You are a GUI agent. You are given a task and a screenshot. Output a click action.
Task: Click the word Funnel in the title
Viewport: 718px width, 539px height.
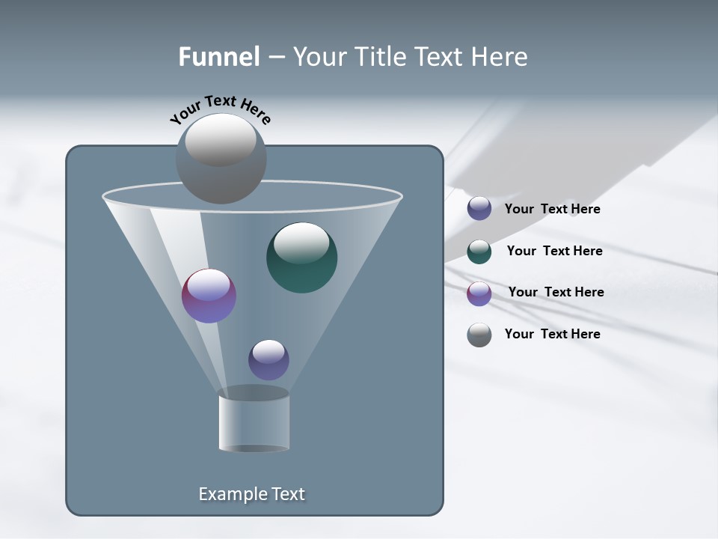[219, 57]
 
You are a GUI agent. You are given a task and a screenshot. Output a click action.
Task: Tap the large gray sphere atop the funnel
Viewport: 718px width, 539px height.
[221, 159]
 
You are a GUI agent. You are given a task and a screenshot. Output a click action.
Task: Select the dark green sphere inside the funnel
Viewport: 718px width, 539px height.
[302, 258]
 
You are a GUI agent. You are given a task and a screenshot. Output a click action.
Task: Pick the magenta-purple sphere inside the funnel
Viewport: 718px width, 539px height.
[209, 296]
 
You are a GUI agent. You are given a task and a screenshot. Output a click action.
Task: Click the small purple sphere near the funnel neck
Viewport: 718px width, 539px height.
[269, 360]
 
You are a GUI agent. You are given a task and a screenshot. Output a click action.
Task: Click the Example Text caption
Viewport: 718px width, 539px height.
[252, 494]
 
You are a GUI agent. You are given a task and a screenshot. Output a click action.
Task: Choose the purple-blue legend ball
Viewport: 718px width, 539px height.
[479, 209]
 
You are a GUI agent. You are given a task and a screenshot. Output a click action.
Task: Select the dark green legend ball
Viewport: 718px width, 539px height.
[479, 252]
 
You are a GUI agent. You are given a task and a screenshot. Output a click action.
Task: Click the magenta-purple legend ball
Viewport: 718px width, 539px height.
[479, 293]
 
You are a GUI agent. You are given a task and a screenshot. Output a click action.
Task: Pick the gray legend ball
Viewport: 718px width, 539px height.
[479, 335]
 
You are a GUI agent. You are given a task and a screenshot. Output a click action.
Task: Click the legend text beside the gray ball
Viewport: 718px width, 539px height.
[553, 334]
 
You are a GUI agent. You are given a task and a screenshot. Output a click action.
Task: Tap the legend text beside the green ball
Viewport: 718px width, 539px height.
[554, 251]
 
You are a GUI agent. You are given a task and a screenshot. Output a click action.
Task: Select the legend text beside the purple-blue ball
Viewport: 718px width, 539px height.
[553, 209]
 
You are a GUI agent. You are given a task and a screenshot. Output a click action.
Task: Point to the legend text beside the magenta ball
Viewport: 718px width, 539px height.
[556, 292]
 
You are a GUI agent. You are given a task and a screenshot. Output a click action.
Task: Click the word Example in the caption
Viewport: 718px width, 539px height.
[225, 494]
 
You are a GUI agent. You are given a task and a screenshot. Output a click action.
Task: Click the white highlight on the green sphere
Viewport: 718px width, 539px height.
[301, 242]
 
